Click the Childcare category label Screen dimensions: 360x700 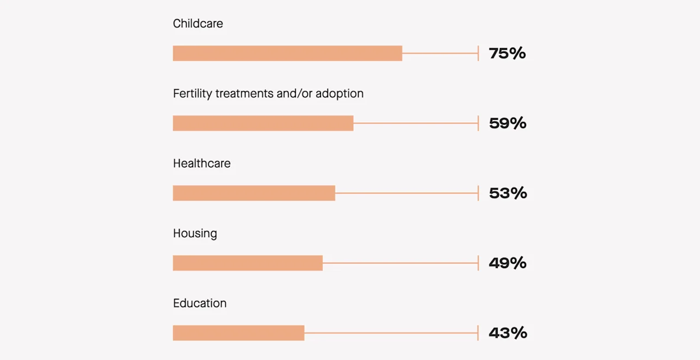(198, 24)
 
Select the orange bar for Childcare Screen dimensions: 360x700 (287, 54)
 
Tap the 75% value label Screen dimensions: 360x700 (507, 54)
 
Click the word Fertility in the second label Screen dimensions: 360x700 (192, 94)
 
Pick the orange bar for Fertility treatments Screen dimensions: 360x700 (263, 123)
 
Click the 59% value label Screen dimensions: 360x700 (507, 123)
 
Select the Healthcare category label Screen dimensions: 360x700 (202, 164)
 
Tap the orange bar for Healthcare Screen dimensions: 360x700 (254, 193)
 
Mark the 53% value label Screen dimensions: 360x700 (507, 193)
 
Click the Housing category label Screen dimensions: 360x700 (195, 234)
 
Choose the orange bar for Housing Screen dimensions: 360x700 (248, 263)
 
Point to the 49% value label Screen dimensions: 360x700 (507, 263)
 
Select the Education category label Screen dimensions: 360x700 (200, 304)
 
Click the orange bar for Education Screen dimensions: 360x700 (238, 333)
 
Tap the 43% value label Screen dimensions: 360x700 (507, 333)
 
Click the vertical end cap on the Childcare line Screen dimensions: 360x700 (478, 54)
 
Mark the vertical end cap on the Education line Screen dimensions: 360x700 (478, 333)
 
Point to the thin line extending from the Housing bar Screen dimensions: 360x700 (399, 263)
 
